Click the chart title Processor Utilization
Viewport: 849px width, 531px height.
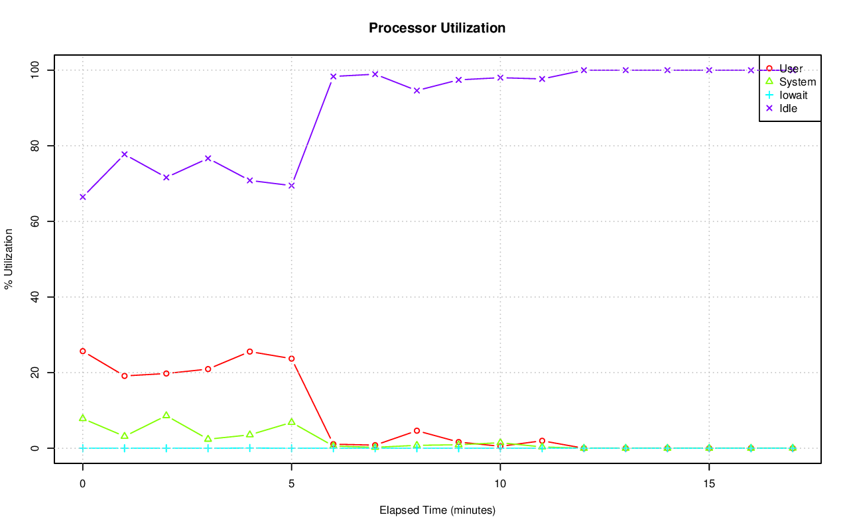(437, 28)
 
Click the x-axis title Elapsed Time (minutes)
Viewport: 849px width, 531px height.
(437, 510)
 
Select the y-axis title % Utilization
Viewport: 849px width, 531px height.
(9, 259)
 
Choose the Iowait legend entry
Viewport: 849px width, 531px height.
(793, 95)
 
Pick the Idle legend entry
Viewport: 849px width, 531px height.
(788, 108)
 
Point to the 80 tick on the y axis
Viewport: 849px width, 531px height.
(36, 146)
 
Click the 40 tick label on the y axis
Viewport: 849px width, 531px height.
(36, 297)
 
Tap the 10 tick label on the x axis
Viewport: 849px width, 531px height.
(500, 484)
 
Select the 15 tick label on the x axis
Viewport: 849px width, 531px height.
(709, 484)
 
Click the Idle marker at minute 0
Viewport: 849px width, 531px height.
(82, 197)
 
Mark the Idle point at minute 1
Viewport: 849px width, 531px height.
(124, 154)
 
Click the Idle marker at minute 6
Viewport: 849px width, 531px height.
(333, 76)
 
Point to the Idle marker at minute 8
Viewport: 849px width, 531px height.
(417, 90)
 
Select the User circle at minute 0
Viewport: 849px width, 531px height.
(82, 351)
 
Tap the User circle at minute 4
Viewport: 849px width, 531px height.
(249, 351)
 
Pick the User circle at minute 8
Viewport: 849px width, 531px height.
(417, 431)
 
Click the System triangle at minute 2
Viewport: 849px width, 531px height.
(166, 415)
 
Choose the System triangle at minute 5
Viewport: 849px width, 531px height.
(291, 422)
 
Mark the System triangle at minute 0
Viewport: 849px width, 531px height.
(82, 418)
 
